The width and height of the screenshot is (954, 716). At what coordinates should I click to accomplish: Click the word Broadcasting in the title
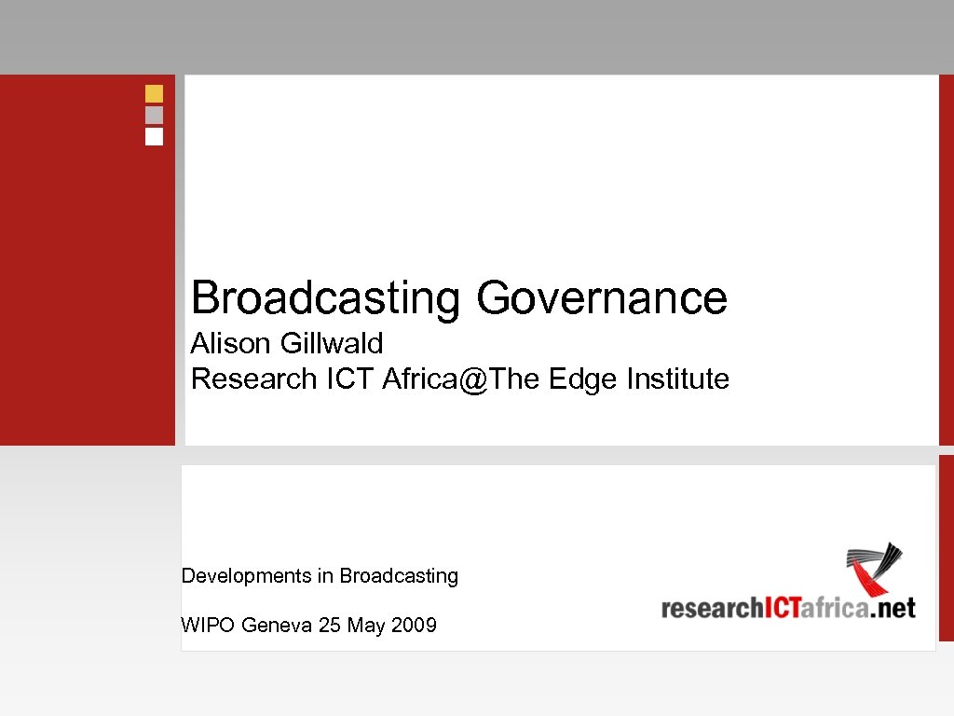coord(325,299)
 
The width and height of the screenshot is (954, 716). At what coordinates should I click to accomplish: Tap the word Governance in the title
coord(602,299)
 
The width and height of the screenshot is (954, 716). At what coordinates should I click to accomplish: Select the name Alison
coord(230,344)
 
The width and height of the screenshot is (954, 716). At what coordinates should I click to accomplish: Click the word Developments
coord(244,576)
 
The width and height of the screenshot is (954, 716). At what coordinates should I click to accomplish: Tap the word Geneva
coord(277,626)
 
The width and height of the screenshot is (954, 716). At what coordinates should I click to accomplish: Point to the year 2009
coord(414,626)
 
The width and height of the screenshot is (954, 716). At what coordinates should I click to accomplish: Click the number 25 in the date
coord(330,626)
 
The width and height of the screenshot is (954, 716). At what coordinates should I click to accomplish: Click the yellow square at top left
coord(154,93)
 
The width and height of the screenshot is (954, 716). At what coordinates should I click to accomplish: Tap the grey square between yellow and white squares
coord(154,115)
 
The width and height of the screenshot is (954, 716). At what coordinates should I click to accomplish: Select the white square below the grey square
coord(154,136)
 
